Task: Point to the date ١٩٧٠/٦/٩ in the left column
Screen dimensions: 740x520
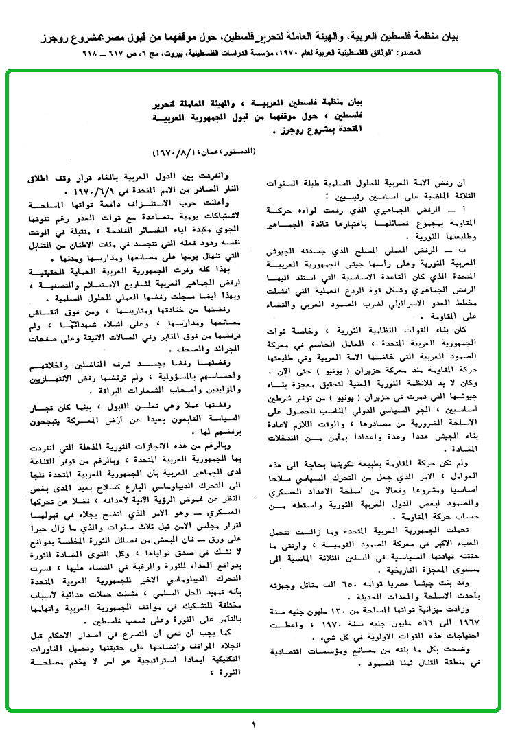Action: click(x=88, y=190)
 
